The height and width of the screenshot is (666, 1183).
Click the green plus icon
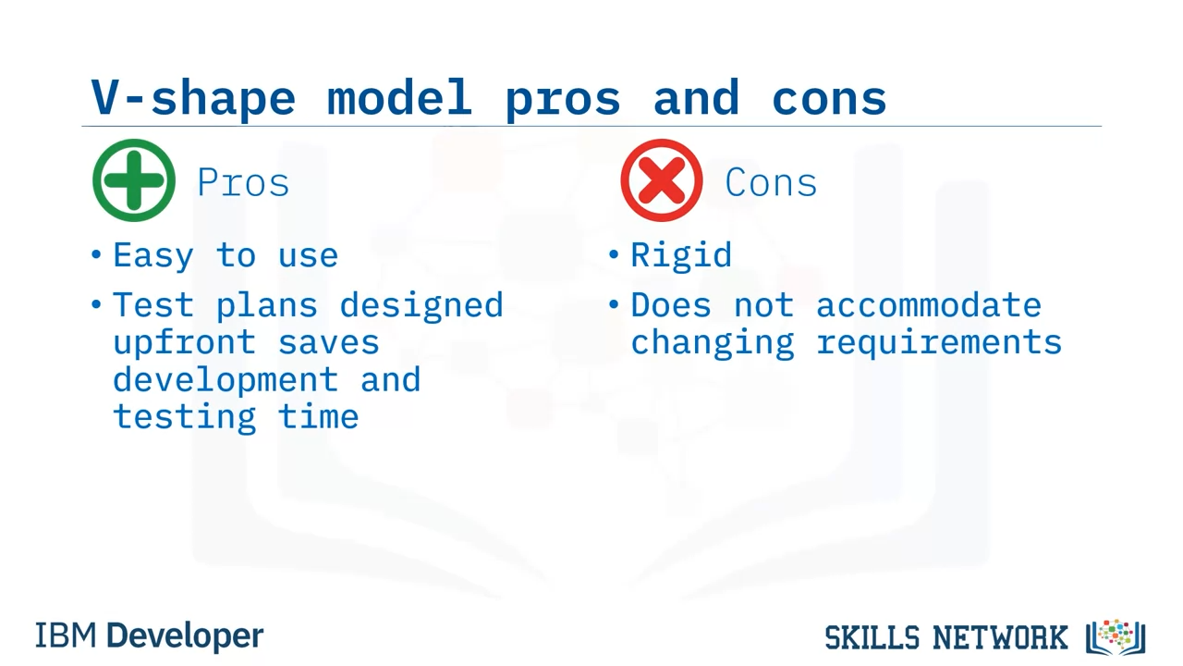[x=134, y=180]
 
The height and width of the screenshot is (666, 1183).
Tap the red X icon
[x=661, y=180]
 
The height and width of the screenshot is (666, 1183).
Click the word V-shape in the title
[x=193, y=98]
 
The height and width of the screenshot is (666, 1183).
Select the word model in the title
[x=399, y=97]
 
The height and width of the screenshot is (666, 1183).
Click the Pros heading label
[x=243, y=182]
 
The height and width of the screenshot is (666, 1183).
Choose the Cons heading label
[x=771, y=182]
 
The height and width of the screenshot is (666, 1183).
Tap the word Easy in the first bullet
[x=153, y=257]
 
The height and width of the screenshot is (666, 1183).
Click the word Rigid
[x=681, y=256]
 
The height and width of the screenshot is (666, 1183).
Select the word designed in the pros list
[x=421, y=306]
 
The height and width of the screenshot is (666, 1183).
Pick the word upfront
[x=185, y=343]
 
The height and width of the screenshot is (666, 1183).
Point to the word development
[x=226, y=380]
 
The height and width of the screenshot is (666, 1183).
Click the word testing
[x=185, y=417]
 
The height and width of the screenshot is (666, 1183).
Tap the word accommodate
[x=929, y=305]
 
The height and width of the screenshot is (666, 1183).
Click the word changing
[x=713, y=343]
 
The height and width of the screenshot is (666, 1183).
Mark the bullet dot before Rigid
[x=613, y=254]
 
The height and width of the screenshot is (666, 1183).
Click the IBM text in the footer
[x=66, y=635]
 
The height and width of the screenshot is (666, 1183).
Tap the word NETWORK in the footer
[x=1000, y=637]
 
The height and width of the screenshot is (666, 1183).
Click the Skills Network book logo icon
[x=1116, y=637]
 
